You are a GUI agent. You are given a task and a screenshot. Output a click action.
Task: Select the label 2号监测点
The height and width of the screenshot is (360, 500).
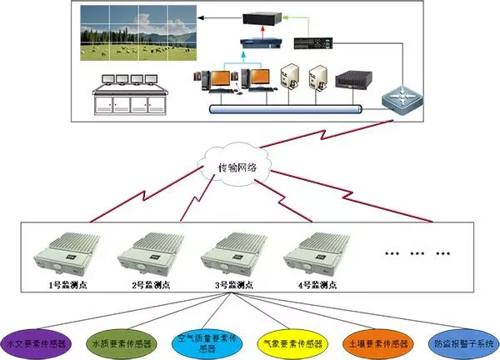click(x=148, y=283)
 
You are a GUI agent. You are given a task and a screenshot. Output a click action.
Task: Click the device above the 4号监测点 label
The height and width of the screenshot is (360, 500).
click(x=312, y=253)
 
